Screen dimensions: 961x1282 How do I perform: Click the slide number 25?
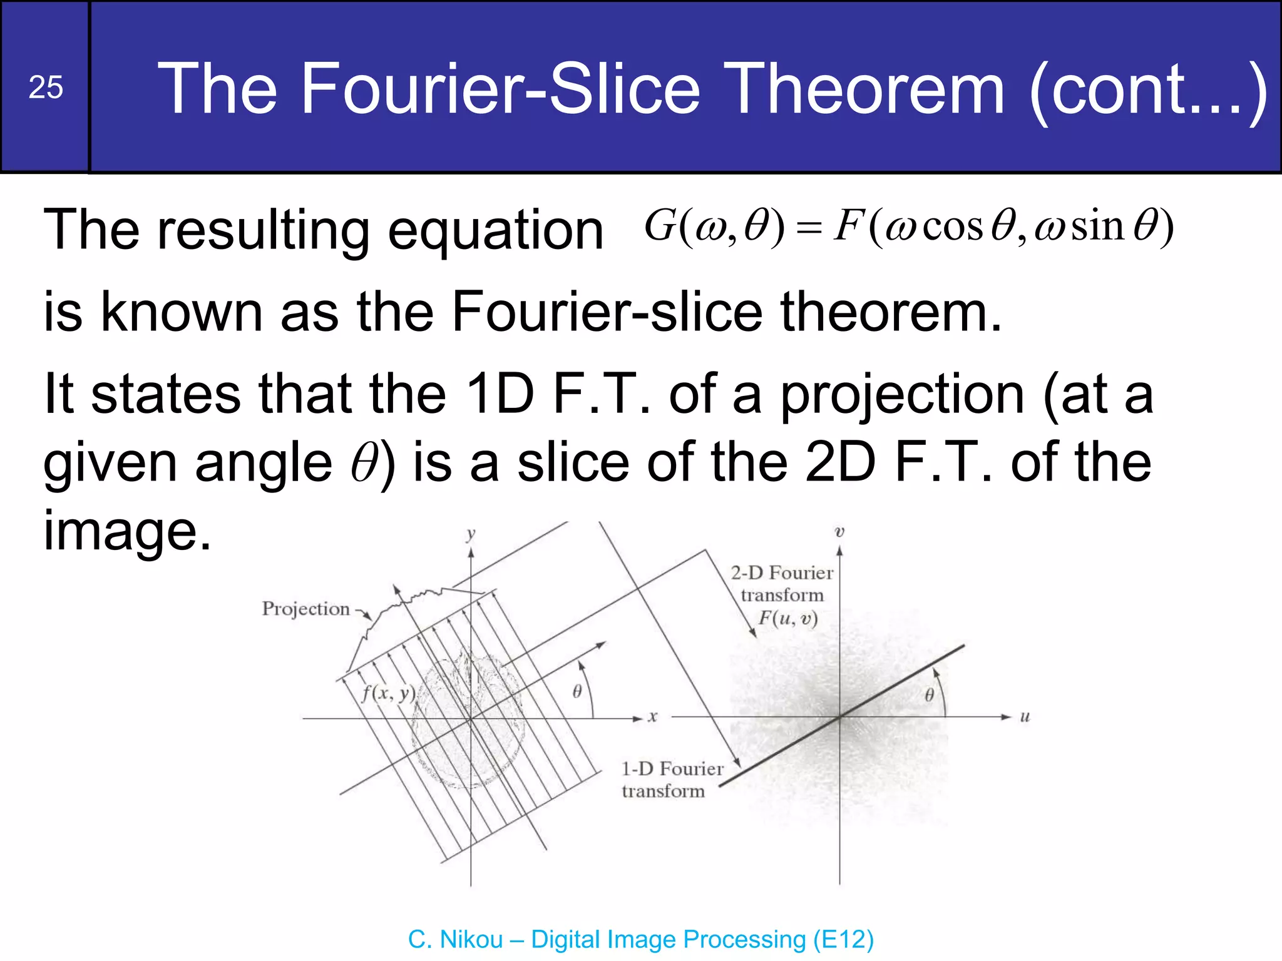tap(46, 87)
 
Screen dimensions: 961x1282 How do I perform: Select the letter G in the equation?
tap(659, 226)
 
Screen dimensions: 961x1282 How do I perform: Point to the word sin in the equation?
tap(1097, 226)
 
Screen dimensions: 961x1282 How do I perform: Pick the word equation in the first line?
tap(495, 230)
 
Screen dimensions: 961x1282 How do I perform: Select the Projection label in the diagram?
tap(305, 609)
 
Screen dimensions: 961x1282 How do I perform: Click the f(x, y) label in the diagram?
tap(388, 693)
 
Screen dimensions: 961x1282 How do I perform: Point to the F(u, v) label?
tap(788, 618)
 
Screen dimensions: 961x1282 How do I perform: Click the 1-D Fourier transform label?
tap(671, 780)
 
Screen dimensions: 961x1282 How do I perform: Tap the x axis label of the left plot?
tap(652, 717)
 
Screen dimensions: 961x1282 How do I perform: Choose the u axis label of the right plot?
tap(1025, 717)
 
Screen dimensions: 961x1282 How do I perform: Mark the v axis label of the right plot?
tap(839, 532)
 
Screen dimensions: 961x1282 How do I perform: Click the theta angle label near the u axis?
tap(929, 694)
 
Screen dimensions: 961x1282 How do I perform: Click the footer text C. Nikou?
tap(455, 939)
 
